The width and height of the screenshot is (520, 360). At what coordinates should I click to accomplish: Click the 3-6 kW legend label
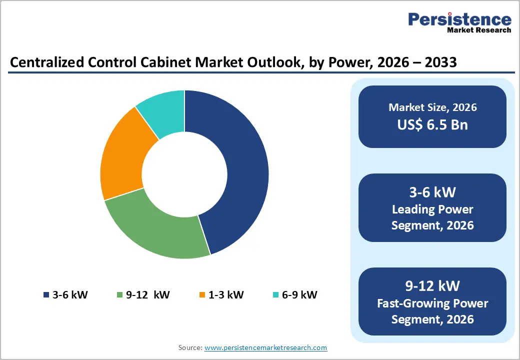coord(70,294)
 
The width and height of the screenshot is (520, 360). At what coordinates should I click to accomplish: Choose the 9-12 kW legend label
coord(147,294)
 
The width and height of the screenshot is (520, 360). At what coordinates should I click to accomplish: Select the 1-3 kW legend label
coord(225,294)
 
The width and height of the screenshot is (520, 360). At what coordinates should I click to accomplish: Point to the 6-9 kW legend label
coord(299,294)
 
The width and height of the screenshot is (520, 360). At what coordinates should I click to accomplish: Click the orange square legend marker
coord(202,295)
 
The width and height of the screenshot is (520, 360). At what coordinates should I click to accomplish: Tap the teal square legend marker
coord(275,295)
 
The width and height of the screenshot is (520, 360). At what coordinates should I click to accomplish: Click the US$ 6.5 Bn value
coord(432,124)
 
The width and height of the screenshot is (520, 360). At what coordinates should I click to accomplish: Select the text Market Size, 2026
coord(432,107)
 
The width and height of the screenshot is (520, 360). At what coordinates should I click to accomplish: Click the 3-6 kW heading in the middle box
coord(432,192)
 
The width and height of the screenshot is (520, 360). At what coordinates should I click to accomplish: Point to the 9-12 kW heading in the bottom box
coord(432,285)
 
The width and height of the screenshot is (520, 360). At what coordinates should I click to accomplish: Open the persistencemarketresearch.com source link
coord(265,347)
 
